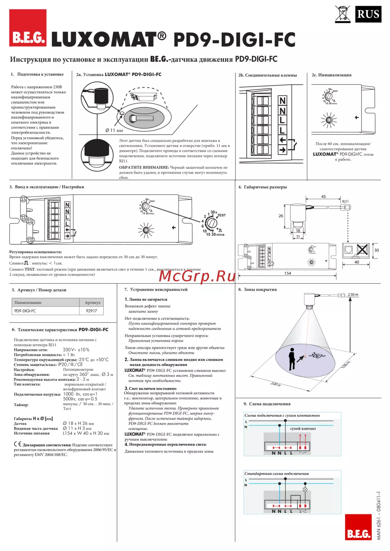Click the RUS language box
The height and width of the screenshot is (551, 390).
tap(368, 14)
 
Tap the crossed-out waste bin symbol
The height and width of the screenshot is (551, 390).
tap(342, 14)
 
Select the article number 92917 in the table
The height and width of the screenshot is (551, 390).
tap(91, 311)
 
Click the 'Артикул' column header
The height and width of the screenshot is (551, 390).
tap(92, 302)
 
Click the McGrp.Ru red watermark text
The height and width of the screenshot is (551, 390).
tap(197, 276)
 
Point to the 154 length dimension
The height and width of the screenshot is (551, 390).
tap(287, 273)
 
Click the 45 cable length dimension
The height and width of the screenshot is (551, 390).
tap(323, 197)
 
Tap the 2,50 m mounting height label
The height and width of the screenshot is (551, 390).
tap(353, 295)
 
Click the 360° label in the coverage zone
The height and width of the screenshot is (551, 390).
tap(317, 355)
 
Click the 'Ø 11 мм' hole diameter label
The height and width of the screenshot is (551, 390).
tap(114, 131)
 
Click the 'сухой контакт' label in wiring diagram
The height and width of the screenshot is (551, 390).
tap(303, 429)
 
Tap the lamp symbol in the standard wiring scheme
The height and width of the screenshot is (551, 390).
tap(305, 489)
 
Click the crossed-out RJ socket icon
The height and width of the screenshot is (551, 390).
tap(362, 249)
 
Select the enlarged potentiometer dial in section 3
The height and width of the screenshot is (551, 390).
tap(211, 223)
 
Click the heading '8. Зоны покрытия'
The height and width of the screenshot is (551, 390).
tap(257, 290)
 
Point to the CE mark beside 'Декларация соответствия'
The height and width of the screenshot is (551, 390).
tap(18, 444)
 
